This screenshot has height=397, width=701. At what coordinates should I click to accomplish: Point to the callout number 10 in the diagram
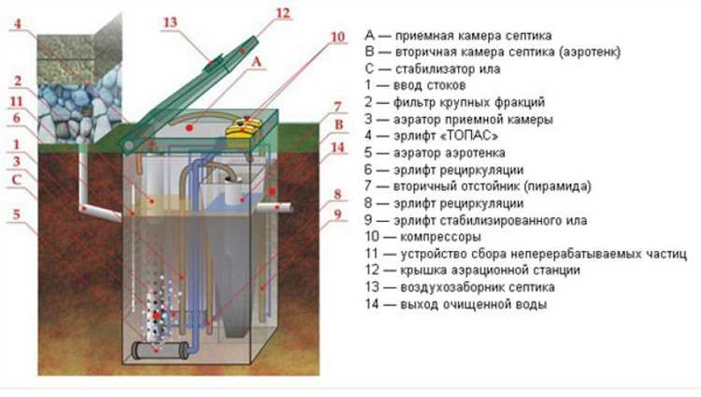coord(336,37)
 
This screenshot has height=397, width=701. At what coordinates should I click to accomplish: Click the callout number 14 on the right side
coord(338,147)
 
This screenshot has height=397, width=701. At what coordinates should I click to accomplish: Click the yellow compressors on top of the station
coord(247,125)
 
